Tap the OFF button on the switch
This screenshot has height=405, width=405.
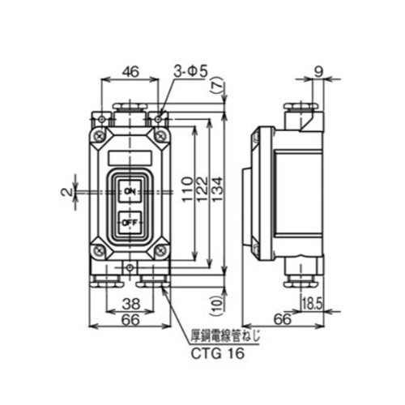coord(130,219)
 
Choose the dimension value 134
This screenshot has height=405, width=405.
coord(219,195)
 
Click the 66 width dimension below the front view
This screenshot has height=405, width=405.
coord(130,320)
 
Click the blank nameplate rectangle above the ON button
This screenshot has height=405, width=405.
coord(130,153)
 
